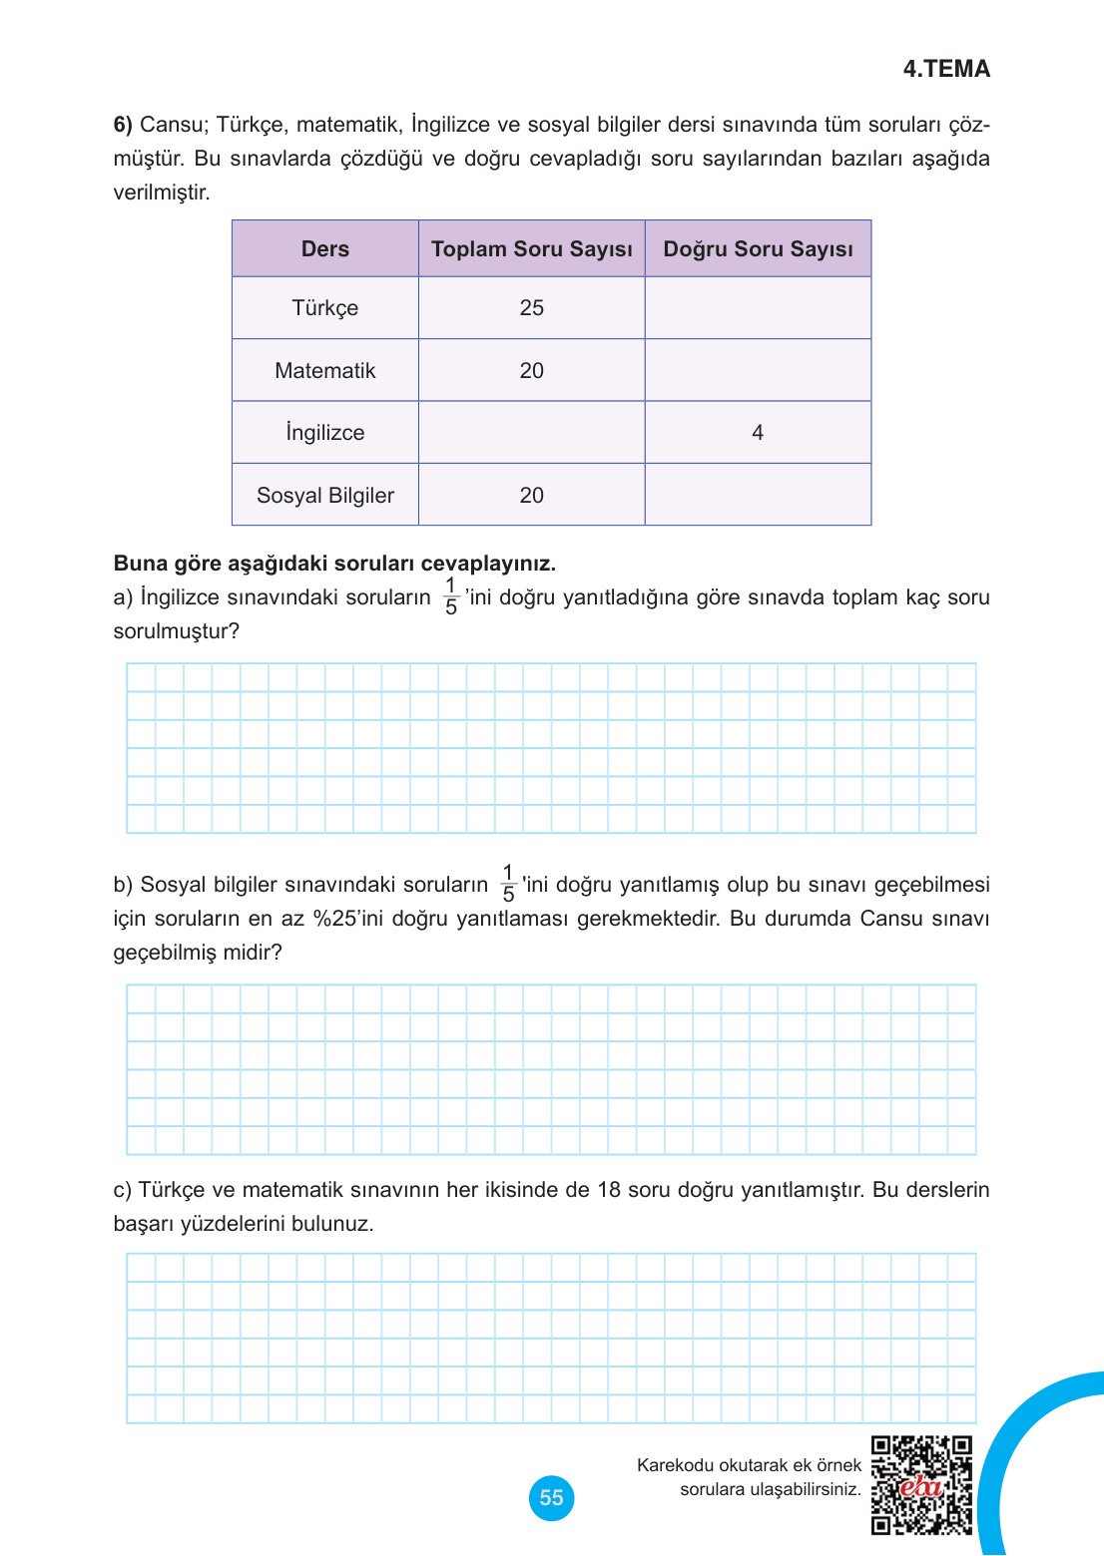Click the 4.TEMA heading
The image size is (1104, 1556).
[946, 69]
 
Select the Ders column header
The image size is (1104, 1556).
[325, 249]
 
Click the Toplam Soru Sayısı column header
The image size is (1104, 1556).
[531, 249]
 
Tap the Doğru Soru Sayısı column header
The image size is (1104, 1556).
[758, 249]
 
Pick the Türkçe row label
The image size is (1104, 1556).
[325, 308]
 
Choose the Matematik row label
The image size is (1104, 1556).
[325, 371]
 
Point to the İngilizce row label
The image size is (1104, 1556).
[325, 433]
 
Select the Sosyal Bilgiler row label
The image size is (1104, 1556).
[325, 496]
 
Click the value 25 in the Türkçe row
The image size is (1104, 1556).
[531, 308]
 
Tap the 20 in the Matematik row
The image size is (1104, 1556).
[531, 371]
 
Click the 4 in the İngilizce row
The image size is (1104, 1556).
[758, 433]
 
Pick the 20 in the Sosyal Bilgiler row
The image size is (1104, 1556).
[531, 496]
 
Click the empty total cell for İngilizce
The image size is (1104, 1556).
[531, 433]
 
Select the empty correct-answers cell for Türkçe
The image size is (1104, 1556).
[758, 308]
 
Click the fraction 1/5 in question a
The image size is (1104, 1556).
[451, 596]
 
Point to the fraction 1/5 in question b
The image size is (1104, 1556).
[508, 884]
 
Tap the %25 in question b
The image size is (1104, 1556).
[336, 919]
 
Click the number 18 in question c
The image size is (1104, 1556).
[609, 1190]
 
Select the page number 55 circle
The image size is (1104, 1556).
[551, 1498]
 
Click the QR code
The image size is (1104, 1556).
[921, 1485]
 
